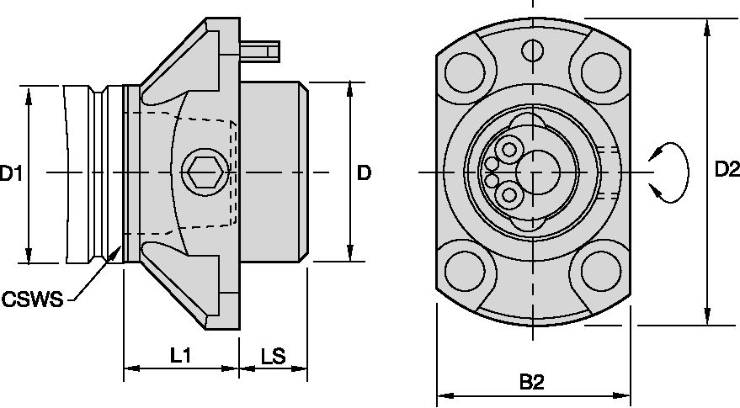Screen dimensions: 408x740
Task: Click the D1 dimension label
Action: (10, 174)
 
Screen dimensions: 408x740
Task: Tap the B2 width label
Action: (531, 383)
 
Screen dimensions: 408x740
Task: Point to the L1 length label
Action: (179, 356)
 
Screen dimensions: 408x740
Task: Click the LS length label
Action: (272, 356)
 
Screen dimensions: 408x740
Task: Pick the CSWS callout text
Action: (33, 299)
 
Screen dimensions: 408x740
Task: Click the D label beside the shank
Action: (364, 174)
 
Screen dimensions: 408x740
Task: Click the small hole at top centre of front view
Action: (531, 51)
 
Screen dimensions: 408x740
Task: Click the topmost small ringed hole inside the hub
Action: (509, 150)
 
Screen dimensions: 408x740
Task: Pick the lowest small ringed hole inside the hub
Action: (509, 196)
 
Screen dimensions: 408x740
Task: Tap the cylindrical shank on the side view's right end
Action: (272, 172)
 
